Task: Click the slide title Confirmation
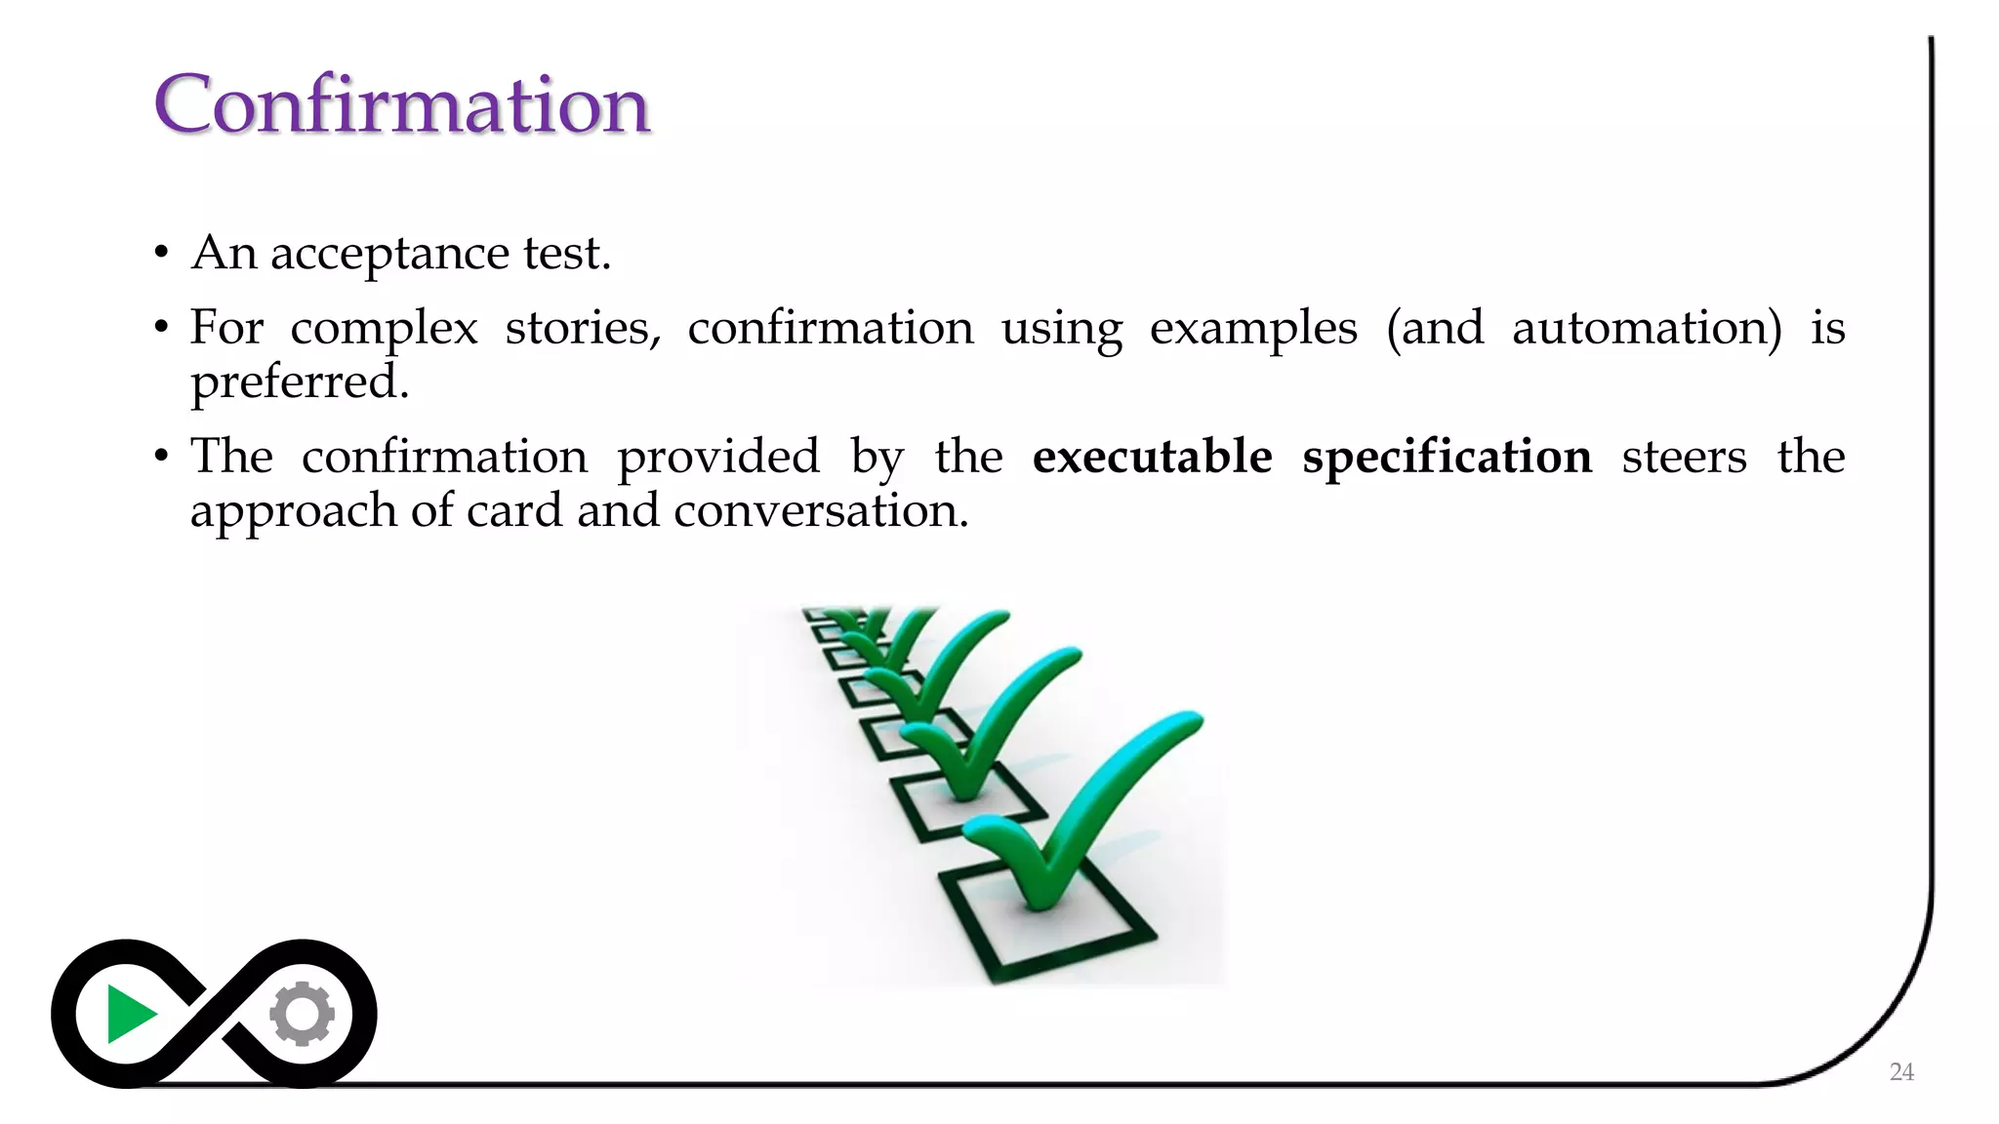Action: click(x=401, y=104)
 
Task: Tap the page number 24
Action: click(x=1901, y=1071)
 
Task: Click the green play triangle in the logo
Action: click(x=129, y=1015)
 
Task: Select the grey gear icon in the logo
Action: click(x=303, y=1014)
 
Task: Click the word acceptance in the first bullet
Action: click(x=388, y=254)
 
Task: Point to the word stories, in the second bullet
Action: click(x=583, y=328)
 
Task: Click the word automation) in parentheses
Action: click(x=1646, y=328)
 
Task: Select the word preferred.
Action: click(x=299, y=382)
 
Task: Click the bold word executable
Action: click(x=1152, y=457)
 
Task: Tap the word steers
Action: click(x=1684, y=457)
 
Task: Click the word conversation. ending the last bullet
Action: click(x=821, y=511)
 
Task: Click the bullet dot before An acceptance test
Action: click(x=162, y=255)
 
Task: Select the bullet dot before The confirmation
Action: click(x=162, y=457)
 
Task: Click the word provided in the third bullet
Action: click(x=717, y=457)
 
